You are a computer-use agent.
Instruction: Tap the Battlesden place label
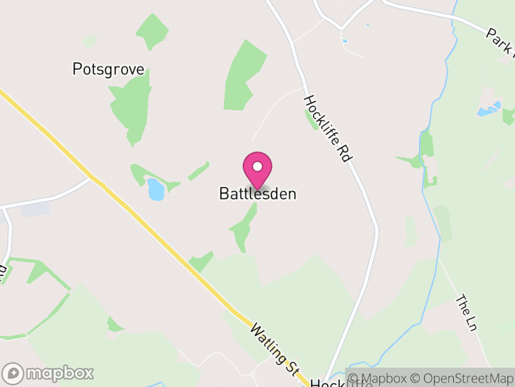(257, 193)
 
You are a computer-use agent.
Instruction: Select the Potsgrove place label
(108, 70)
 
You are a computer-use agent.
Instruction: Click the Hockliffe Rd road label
(328, 129)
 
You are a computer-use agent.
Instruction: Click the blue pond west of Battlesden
(155, 189)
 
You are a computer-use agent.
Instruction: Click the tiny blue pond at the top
(345, 41)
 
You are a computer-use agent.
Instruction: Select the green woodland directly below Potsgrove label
(133, 106)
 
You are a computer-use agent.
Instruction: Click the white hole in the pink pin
(257, 166)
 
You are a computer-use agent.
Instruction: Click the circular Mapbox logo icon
(14, 373)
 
